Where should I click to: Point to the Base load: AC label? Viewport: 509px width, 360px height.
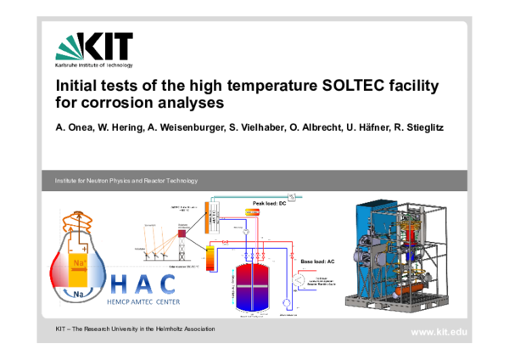click(x=321, y=262)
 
